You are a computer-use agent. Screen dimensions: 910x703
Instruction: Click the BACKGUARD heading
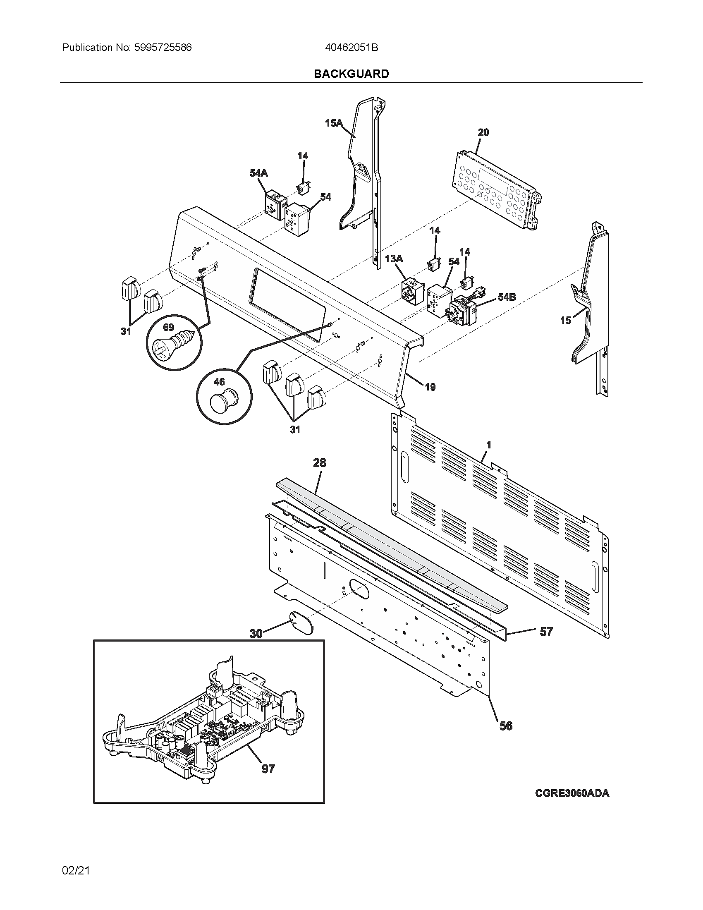[351, 74]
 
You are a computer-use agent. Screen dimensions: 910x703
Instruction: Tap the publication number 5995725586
[163, 48]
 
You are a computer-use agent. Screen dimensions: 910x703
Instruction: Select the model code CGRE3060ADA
[572, 793]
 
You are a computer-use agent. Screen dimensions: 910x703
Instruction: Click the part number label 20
[483, 132]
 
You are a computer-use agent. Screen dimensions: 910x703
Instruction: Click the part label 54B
[507, 297]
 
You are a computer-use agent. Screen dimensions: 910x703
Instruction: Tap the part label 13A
[394, 259]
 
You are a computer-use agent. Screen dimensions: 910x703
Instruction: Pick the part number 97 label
[268, 769]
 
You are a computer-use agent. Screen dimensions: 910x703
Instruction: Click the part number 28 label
[319, 462]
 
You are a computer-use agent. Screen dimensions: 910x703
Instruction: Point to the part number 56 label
[506, 726]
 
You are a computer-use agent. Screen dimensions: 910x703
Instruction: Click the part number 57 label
[546, 632]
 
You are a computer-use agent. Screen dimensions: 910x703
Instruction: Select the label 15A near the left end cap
[334, 123]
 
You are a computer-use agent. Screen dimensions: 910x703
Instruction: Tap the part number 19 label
[430, 387]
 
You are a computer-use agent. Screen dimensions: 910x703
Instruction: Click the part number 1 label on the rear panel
[488, 445]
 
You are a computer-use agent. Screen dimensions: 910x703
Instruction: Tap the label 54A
[258, 173]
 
